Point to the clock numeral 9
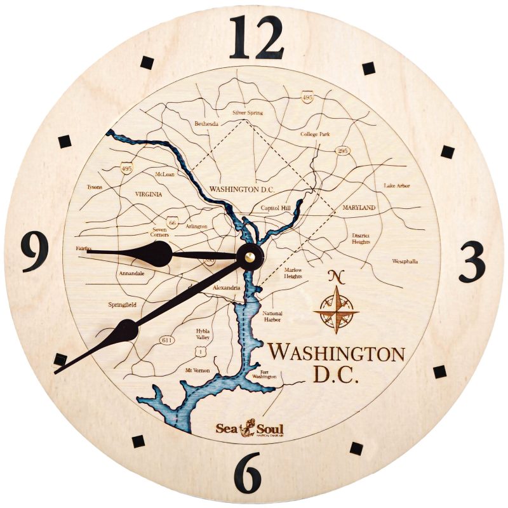click(x=36, y=251)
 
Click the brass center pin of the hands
click(x=250, y=257)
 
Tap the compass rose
click(x=336, y=309)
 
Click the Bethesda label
click(x=206, y=124)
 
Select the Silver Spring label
click(x=247, y=112)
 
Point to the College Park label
click(x=316, y=135)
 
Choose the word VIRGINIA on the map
click(x=149, y=194)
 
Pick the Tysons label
click(x=94, y=187)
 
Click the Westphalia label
click(x=405, y=261)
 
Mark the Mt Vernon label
click(x=196, y=370)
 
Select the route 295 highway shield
click(x=342, y=150)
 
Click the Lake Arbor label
click(x=397, y=186)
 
